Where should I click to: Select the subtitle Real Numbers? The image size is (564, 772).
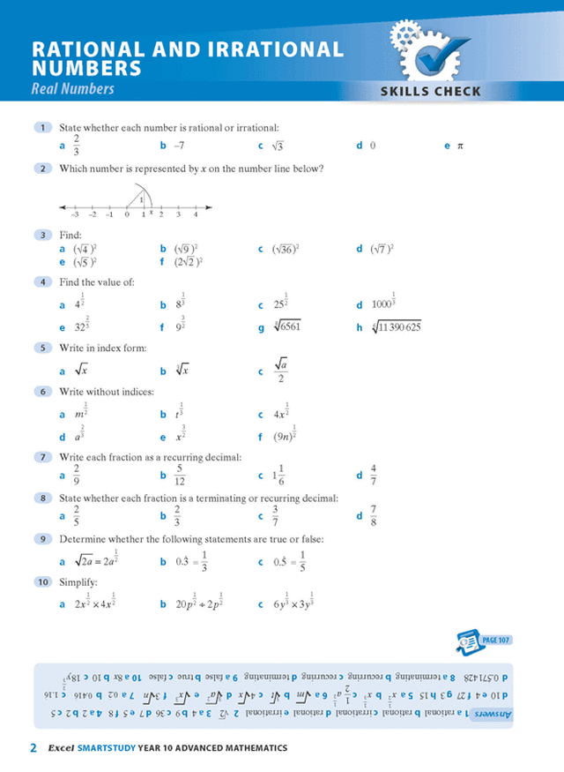click(73, 89)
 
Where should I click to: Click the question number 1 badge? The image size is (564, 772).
click(43, 128)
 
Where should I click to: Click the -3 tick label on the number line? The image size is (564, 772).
click(76, 214)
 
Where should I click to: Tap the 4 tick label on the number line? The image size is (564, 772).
click(196, 214)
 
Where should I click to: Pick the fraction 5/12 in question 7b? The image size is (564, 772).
click(180, 476)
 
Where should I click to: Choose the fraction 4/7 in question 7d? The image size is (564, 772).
click(374, 475)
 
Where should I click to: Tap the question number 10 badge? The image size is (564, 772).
click(43, 582)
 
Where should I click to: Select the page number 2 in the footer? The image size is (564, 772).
click(33, 749)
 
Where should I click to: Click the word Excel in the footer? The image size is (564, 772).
click(61, 749)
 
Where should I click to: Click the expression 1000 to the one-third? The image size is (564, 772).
click(382, 303)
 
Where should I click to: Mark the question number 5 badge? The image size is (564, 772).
click(43, 349)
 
